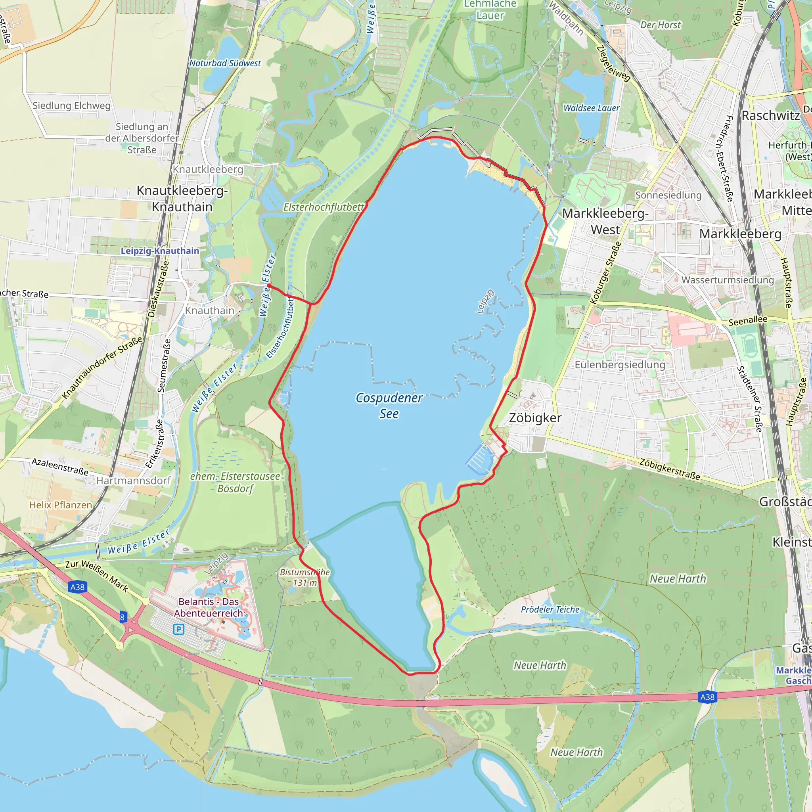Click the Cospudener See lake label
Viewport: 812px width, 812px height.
tap(389, 406)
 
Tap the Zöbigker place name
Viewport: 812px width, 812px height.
tap(535, 418)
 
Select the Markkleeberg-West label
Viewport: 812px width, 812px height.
tap(605, 222)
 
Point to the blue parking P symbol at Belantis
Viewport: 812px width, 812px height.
tap(179, 629)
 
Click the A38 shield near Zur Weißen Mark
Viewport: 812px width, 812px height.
tap(77, 587)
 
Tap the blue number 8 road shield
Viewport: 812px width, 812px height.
tap(122, 617)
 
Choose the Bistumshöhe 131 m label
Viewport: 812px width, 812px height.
tap(305, 577)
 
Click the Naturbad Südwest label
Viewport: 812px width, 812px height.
tap(225, 63)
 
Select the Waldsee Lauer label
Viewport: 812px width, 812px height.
tap(591, 108)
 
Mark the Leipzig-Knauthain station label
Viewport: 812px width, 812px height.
tap(160, 251)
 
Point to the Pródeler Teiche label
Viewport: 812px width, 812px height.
tap(550, 609)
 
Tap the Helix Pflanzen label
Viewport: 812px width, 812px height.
tap(61, 505)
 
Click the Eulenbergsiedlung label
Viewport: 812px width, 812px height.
tap(620, 364)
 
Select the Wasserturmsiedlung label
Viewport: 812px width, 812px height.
tap(728, 280)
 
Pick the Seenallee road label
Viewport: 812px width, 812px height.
tap(748, 321)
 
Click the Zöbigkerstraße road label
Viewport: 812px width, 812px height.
tap(670, 469)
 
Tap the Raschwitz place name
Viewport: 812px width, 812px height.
tap(770, 116)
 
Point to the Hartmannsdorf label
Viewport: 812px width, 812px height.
tap(134, 481)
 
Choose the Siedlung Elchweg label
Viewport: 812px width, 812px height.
tap(71, 105)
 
